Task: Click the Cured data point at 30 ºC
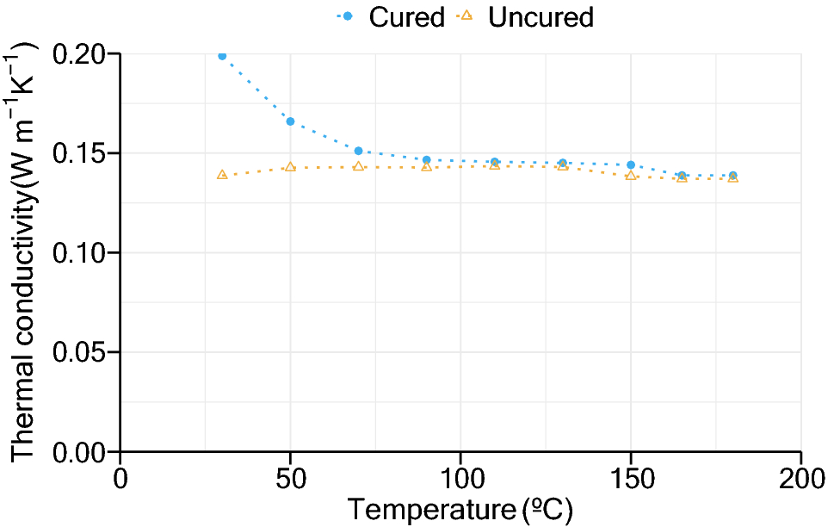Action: [222, 56]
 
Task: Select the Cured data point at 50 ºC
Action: [290, 121]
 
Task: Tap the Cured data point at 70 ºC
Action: [358, 151]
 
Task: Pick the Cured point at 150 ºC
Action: [631, 164]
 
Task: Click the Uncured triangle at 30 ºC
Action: [222, 175]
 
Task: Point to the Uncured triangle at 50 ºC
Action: [290, 167]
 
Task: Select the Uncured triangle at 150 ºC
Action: [631, 176]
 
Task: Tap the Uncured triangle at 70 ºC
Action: [358, 166]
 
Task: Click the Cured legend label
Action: [407, 16]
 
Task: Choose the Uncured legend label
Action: [541, 16]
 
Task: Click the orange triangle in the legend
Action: [467, 15]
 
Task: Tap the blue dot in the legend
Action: [349, 16]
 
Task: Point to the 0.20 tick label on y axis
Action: [81, 54]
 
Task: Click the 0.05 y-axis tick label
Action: [81, 352]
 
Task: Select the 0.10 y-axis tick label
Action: [81, 252]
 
